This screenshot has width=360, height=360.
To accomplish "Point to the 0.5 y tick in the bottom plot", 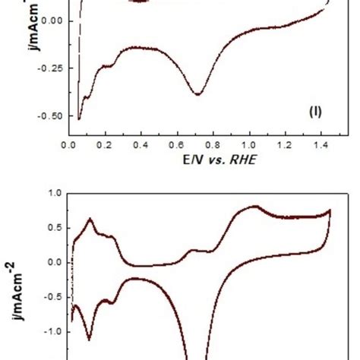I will pyautogui.click(x=55, y=227).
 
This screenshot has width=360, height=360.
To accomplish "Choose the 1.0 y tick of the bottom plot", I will pyautogui.click(x=55, y=193).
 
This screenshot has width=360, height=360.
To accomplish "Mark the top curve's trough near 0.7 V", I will pyautogui.click(x=197, y=94).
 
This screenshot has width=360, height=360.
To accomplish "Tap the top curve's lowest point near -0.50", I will pyautogui.click(x=79, y=119).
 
